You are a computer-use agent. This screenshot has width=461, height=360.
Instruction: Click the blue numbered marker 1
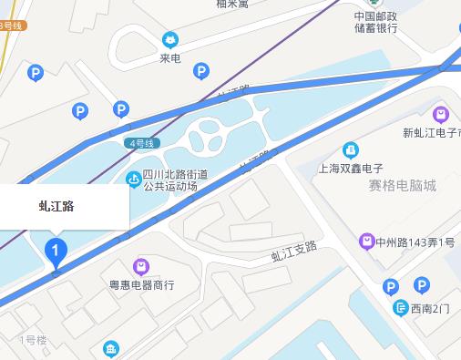pyautogui.click(x=56, y=248)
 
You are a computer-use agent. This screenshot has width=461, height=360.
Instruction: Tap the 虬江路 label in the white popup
pyautogui.click(x=56, y=206)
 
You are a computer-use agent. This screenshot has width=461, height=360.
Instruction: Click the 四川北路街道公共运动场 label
pyautogui.click(x=176, y=180)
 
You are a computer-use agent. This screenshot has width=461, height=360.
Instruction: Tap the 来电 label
pyautogui.click(x=169, y=58)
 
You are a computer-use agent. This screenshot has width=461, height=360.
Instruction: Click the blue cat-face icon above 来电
pyautogui.click(x=169, y=39)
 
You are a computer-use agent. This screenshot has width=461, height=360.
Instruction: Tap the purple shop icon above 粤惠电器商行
pyautogui.click(x=141, y=266)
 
